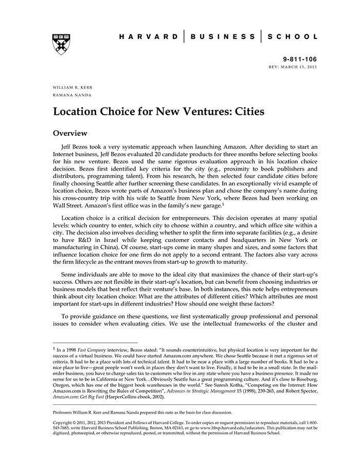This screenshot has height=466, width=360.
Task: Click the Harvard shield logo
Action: [61, 44]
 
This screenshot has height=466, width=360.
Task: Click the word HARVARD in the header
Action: [148, 37]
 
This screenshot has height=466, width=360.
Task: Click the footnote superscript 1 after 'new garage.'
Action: [223, 189]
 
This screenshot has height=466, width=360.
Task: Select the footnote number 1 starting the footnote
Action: [55, 348]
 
